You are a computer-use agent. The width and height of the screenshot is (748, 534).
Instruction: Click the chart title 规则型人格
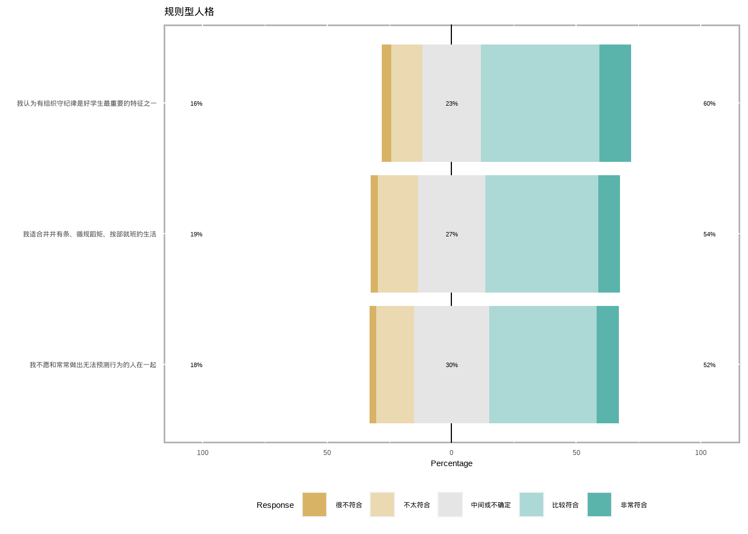[x=189, y=12]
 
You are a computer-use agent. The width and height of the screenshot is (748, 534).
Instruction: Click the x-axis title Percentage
[x=451, y=463]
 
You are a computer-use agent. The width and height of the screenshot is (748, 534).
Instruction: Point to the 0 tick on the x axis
[x=451, y=453]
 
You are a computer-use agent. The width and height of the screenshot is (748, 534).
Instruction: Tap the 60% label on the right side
[x=709, y=103]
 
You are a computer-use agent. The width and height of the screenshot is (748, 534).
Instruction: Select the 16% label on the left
[x=196, y=103]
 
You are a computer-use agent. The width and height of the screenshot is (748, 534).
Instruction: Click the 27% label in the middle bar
[x=451, y=234]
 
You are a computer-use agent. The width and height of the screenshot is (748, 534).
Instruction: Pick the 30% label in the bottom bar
[x=451, y=365]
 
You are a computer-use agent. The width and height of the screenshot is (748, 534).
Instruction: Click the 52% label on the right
[x=709, y=365]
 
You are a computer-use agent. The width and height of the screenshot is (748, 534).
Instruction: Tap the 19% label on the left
[x=196, y=234]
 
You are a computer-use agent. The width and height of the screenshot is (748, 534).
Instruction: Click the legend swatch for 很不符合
[x=314, y=505]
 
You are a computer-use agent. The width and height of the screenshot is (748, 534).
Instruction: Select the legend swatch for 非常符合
[x=599, y=505]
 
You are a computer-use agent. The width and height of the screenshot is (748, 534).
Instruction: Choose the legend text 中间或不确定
[x=490, y=505]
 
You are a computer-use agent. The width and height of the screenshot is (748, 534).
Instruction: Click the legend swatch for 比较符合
[x=532, y=505]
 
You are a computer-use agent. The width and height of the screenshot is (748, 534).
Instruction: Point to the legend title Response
[x=275, y=505]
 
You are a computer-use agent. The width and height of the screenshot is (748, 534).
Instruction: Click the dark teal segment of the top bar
[x=615, y=103]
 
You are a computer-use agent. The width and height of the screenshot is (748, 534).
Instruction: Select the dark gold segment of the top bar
[x=386, y=103]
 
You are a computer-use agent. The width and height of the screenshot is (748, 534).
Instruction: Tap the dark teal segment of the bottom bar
[x=608, y=365]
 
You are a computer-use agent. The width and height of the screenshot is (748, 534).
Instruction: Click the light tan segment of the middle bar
[x=398, y=234]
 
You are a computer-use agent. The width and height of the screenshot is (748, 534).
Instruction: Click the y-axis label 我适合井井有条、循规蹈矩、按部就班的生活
[x=90, y=234]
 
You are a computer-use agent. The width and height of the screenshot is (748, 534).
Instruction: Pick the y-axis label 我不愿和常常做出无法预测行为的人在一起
[x=93, y=365]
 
